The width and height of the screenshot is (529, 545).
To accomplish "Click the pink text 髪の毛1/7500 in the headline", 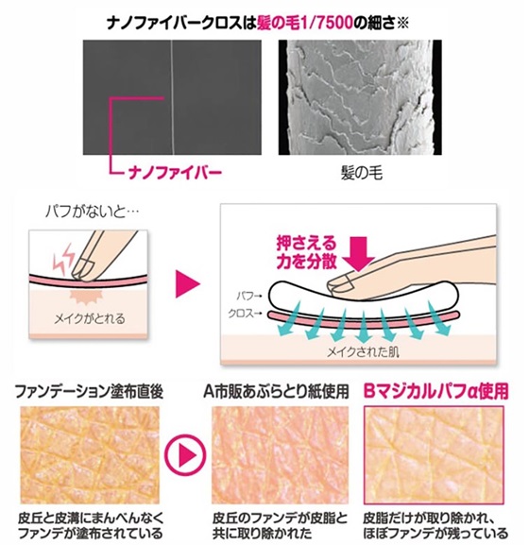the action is click(305, 24).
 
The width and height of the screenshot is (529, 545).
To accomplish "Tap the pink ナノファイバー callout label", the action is click(175, 173).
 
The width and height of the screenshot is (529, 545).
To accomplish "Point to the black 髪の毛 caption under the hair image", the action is click(362, 173).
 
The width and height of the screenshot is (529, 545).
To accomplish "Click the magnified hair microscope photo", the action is click(360, 97).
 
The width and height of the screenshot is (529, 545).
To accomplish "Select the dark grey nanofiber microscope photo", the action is click(172, 97).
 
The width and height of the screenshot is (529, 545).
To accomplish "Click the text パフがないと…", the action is click(92, 212).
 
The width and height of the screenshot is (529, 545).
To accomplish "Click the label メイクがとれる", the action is click(90, 318).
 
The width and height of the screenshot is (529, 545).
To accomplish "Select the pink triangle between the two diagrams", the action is click(188, 283).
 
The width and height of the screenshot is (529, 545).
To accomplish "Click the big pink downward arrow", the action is click(358, 253).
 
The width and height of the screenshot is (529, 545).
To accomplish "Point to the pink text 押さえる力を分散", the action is click(307, 252).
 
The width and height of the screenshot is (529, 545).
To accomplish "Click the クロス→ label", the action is click(245, 314).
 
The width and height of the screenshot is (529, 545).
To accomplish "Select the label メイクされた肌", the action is click(363, 352).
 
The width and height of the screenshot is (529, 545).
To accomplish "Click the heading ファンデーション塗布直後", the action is click(90, 392).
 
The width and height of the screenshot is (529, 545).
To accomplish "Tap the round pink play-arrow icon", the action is click(185, 454).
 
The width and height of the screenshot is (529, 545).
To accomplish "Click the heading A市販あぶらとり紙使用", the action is click(276, 392).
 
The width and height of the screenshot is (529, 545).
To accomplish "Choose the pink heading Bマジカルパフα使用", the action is click(435, 392).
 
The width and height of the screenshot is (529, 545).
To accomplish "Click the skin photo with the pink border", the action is click(434, 454).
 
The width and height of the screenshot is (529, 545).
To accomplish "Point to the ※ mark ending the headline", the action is click(403, 24).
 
